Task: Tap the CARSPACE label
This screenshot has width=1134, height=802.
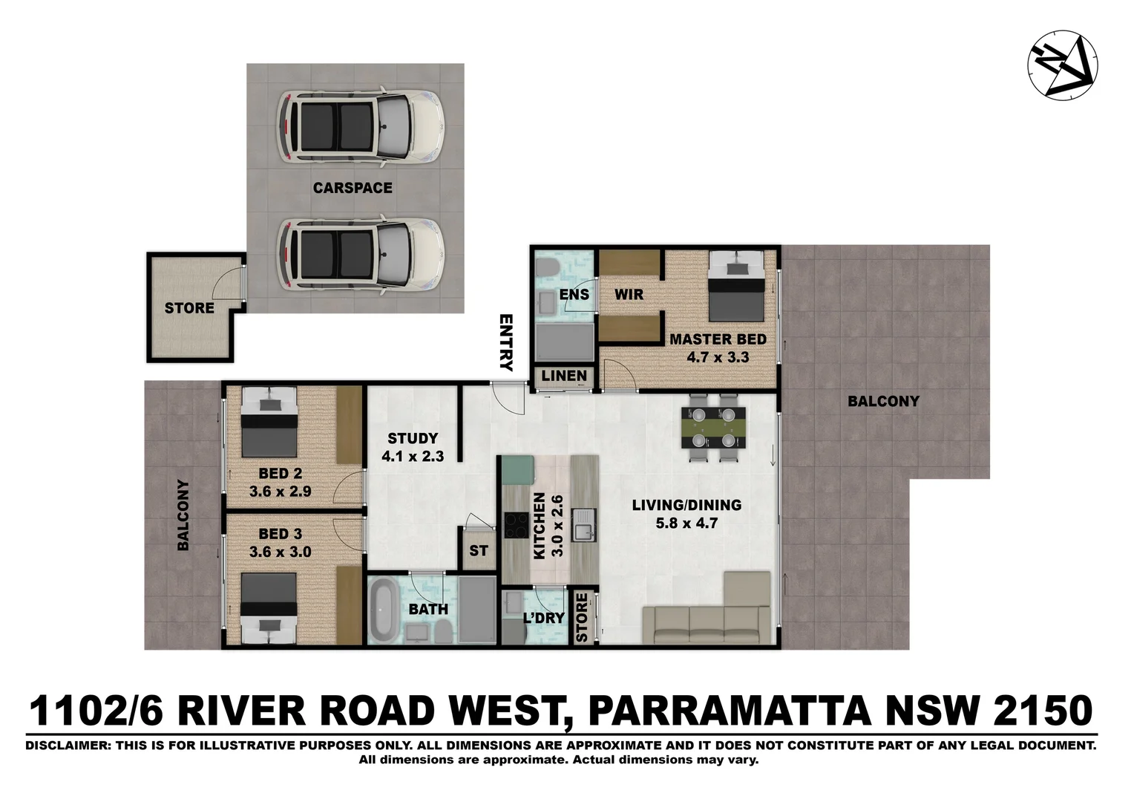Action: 353,188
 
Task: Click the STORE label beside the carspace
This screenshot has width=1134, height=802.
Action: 189,307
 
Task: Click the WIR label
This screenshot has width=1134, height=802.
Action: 629,294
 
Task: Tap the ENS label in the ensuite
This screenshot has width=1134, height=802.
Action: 574,294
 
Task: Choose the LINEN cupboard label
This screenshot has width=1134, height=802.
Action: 564,376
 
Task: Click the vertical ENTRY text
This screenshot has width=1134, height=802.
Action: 506,342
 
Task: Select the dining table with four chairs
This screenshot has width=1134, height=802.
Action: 713,427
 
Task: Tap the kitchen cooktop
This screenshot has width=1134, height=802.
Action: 516,526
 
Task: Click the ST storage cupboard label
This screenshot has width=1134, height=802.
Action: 479,550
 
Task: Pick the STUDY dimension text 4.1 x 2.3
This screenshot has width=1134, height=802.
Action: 413,456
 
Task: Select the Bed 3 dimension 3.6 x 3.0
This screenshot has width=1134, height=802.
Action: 280,552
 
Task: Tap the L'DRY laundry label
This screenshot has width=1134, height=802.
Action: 544,618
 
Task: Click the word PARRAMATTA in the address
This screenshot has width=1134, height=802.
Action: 728,711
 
